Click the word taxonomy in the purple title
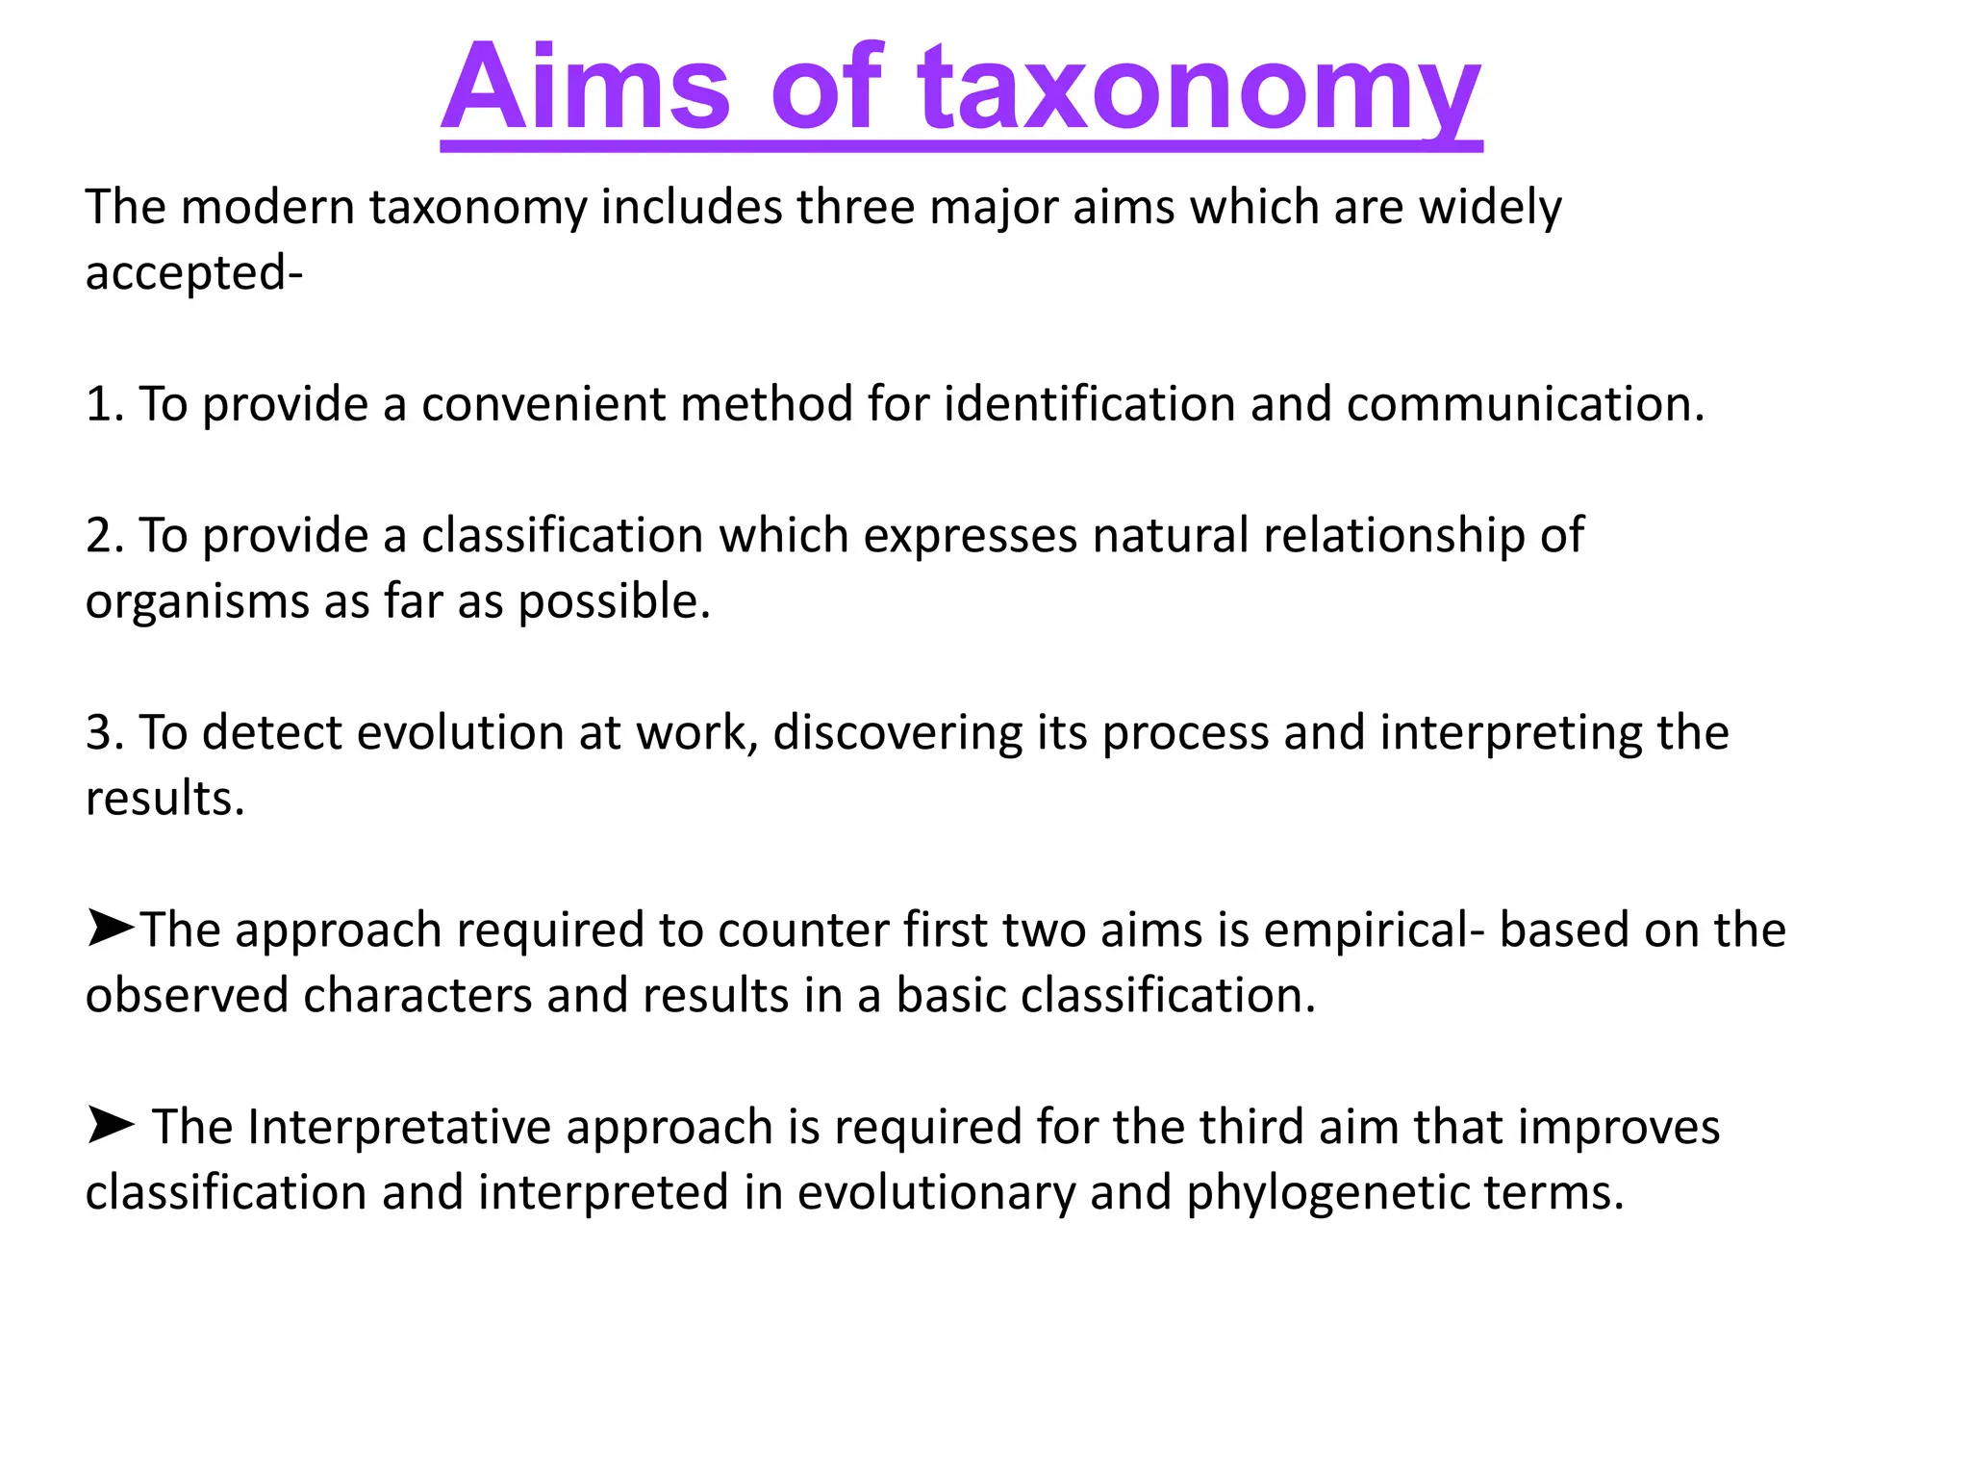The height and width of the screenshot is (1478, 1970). (1199, 89)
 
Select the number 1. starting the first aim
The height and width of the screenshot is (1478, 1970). (105, 404)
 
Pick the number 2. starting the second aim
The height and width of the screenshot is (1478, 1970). (105, 536)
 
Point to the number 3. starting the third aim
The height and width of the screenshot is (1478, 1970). (105, 733)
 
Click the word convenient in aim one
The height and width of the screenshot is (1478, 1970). (543, 404)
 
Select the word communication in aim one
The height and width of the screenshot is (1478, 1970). (1526, 404)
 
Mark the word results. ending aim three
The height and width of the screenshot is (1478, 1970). (164, 799)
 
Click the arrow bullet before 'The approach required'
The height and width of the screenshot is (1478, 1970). (110, 928)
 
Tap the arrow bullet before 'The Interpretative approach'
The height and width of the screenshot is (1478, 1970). (110, 1125)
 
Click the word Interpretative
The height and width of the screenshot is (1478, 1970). (399, 1128)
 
